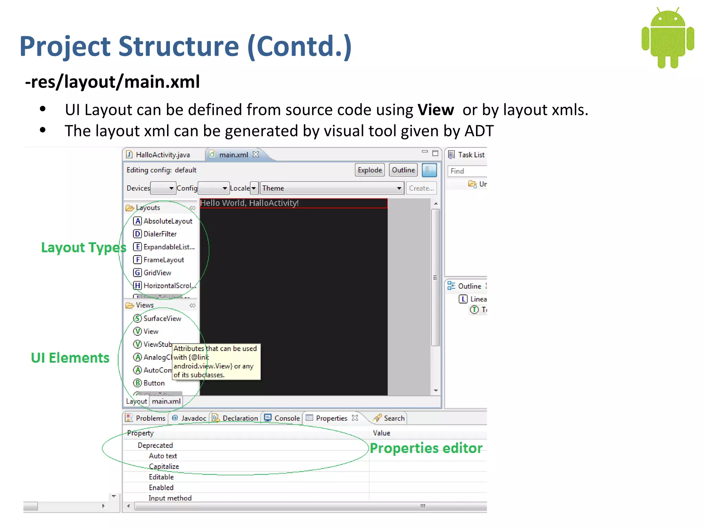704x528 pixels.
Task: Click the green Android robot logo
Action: (668, 38)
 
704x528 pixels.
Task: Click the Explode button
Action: (370, 170)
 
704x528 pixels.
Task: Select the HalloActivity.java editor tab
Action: (163, 155)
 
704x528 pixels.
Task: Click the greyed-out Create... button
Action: (421, 188)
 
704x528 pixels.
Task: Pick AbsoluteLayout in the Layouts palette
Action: (167, 221)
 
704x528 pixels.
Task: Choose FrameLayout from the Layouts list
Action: (163, 260)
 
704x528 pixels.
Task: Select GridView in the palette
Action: (157, 273)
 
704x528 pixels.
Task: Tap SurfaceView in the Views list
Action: (162, 319)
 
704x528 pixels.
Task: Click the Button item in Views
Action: (154, 383)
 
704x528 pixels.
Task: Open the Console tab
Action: (287, 418)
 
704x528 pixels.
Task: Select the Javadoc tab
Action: (193, 418)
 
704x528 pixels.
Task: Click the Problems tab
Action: (150, 418)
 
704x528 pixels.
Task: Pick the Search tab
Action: (394, 418)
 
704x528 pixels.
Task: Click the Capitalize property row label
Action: (164, 467)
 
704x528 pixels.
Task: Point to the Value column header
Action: (382, 433)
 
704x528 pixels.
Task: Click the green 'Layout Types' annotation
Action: (84, 247)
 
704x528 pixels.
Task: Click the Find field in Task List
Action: (467, 171)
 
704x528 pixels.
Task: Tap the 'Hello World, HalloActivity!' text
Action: (249, 203)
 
